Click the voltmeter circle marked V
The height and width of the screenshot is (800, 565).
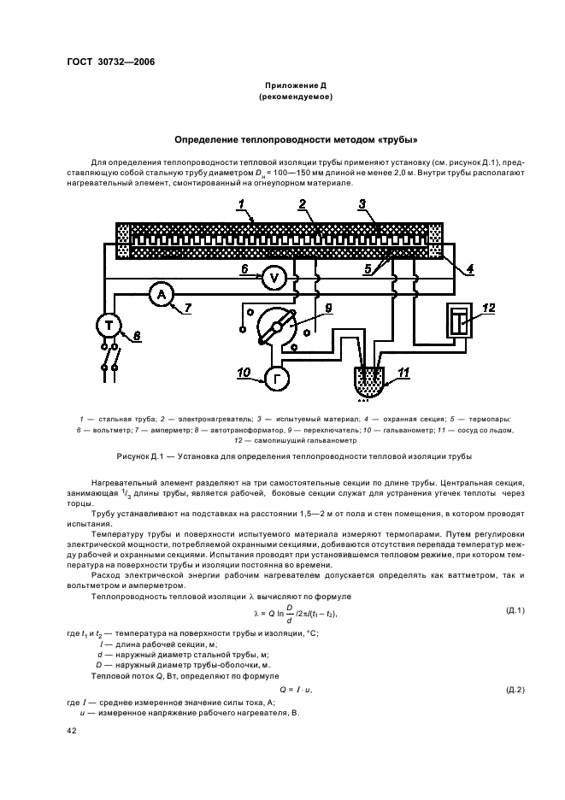tap(274, 275)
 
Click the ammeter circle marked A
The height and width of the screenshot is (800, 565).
tap(160, 295)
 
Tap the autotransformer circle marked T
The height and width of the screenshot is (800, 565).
tap(109, 326)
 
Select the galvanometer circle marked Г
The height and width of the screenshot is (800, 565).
tap(277, 376)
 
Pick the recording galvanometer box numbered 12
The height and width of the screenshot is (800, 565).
tap(459, 322)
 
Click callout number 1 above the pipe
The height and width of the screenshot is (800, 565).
tap(242, 205)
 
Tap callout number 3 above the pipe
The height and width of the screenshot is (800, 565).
tap(362, 204)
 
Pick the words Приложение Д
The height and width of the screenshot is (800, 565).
tap(296, 85)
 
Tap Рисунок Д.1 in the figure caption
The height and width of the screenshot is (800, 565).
tap(172, 456)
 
